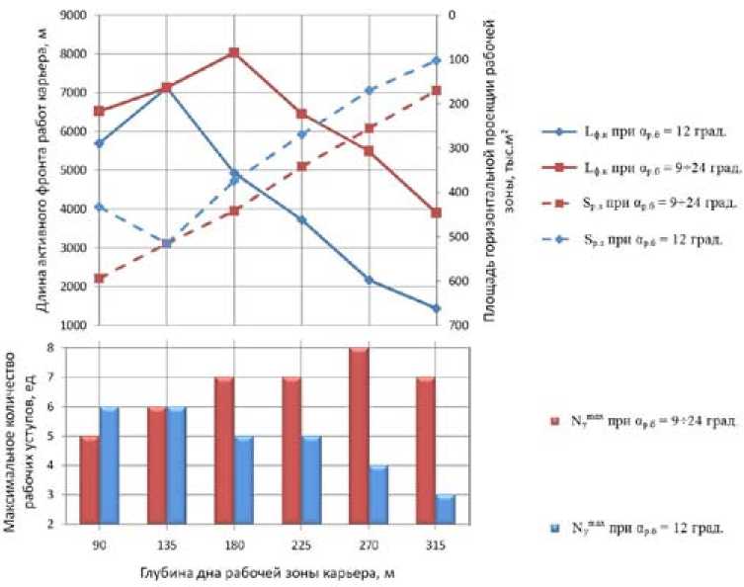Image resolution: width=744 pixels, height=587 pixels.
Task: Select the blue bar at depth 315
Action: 446,509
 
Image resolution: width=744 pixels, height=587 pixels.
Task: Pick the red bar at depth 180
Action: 223,450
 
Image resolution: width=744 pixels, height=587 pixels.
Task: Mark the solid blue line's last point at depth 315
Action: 436,308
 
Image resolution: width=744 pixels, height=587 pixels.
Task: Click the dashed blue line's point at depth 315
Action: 436,60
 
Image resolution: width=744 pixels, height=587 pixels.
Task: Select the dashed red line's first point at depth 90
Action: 98,279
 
